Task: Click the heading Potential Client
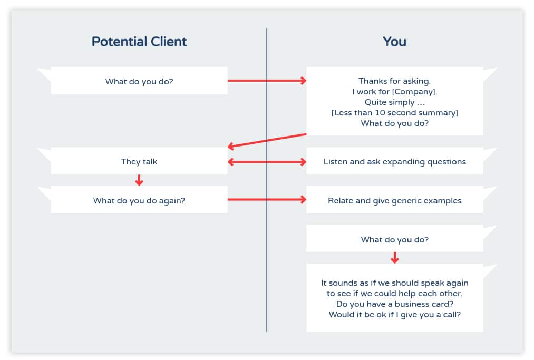point(139,42)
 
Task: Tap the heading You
point(394,42)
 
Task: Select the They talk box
point(139,161)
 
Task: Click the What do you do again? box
point(139,200)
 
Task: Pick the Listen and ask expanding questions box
point(395,161)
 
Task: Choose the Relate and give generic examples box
point(395,200)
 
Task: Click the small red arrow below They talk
point(139,180)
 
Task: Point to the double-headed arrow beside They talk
point(267,162)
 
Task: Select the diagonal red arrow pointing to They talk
point(267,141)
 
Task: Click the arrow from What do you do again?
point(267,200)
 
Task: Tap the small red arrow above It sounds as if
point(395,258)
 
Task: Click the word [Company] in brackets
point(414,92)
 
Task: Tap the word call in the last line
point(451,314)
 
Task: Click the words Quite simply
point(390,102)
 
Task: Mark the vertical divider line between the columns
point(267,180)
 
